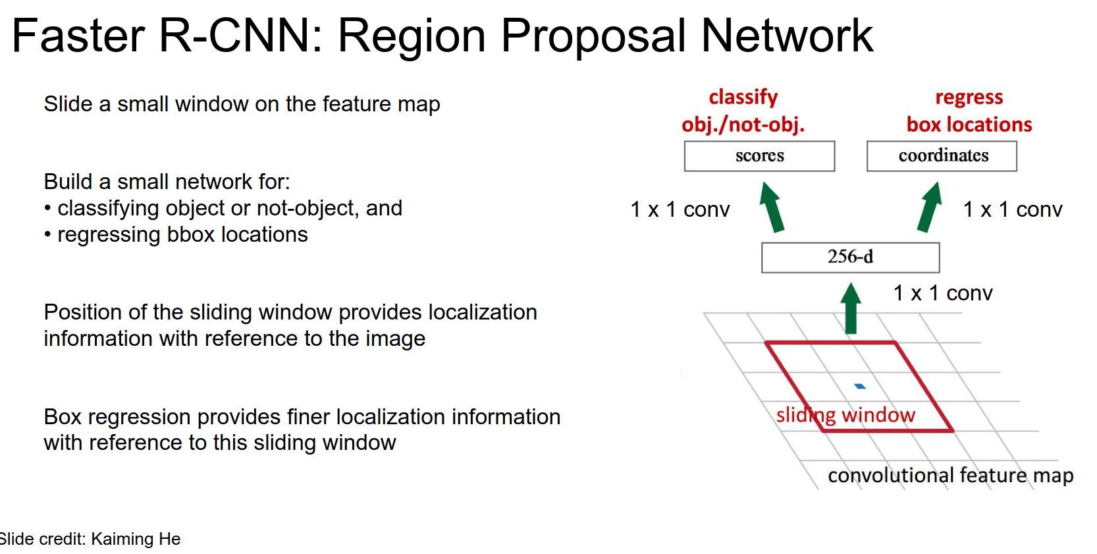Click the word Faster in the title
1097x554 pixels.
(x=78, y=36)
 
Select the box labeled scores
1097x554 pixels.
(x=759, y=156)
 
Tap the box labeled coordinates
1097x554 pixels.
(x=942, y=156)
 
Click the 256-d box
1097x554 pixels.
(x=850, y=257)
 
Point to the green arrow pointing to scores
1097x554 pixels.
(x=772, y=208)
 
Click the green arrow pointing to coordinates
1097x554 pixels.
(x=929, y=208)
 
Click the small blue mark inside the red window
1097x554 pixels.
(x=859, y=386)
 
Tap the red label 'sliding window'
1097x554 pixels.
(x=845, y=415)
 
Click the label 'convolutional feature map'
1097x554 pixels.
(x=950, y=475)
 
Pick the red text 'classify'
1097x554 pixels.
(x=743, y=97)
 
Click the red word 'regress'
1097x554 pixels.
(x=969, y=97)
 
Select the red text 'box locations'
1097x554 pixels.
(x=969, y=125)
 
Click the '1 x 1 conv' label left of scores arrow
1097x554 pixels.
(x=680, y=209)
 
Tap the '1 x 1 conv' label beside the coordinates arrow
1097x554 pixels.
(x=1013, y=209)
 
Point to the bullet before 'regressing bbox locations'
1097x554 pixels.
(x=47, y=235)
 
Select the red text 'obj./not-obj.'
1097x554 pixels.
(x=743, y=125)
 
